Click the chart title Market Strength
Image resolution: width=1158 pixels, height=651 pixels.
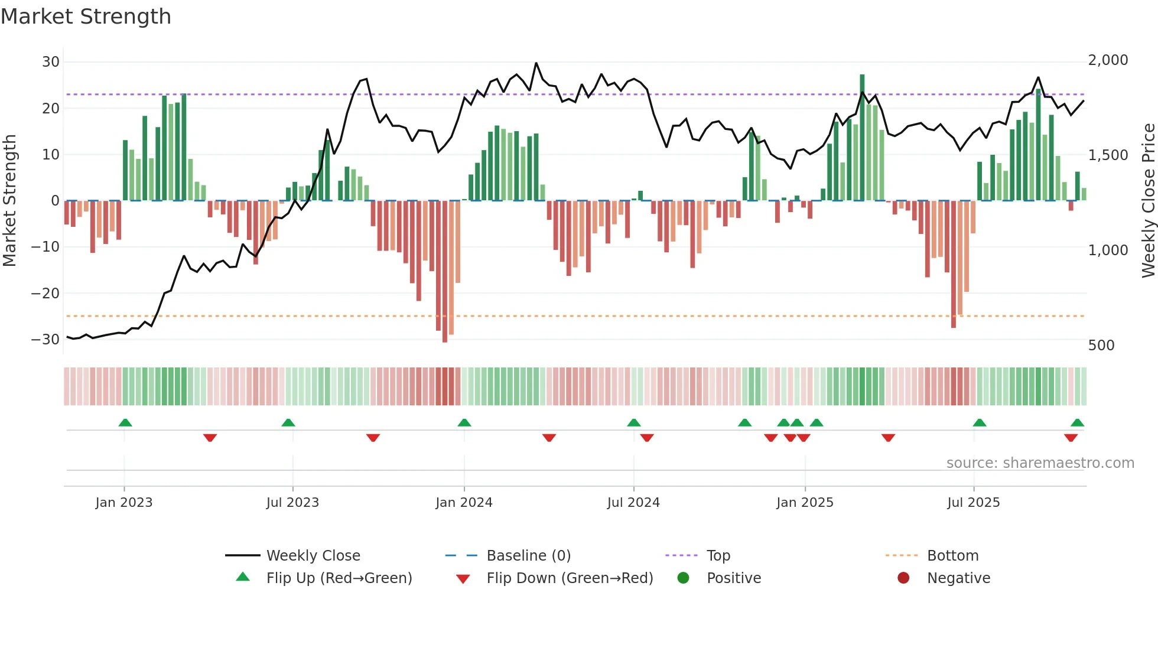click(x=86, y=17)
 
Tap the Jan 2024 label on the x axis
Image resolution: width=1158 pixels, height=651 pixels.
click(x=464, y=503)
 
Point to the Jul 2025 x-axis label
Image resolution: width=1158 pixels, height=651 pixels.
click(x=973, y=503)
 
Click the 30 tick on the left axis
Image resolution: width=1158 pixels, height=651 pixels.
click(x=51, y=62)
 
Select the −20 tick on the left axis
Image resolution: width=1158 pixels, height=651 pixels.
click(x=45, y=294)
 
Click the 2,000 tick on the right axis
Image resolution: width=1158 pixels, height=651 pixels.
click(x=1108, y=60)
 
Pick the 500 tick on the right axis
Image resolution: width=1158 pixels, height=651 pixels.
click(x=1101, y=346)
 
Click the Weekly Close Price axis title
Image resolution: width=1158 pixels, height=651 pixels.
click(x=1148, y=201)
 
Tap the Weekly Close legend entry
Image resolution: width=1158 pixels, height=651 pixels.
click(x=313, y=556)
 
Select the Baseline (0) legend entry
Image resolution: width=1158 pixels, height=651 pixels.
click(x=528, y=556)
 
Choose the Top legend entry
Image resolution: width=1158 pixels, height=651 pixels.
click(x=718, y=556)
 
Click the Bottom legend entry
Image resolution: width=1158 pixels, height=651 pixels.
click(x=952, y=556)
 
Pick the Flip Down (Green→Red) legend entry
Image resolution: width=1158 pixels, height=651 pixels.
click(x=570, y=578)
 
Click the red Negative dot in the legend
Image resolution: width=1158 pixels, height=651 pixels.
click(x=903, y=578)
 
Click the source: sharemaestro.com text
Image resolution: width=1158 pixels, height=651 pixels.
click(x=1040, y=463)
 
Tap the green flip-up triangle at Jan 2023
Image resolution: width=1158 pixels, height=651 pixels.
click(x=125, y=423)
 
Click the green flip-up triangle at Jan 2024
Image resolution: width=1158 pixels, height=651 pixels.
click(x=464, y=423)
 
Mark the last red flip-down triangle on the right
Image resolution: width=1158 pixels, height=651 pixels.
click(x=1071, y=438)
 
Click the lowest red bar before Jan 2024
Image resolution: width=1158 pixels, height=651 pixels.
click(x=445, y=272)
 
